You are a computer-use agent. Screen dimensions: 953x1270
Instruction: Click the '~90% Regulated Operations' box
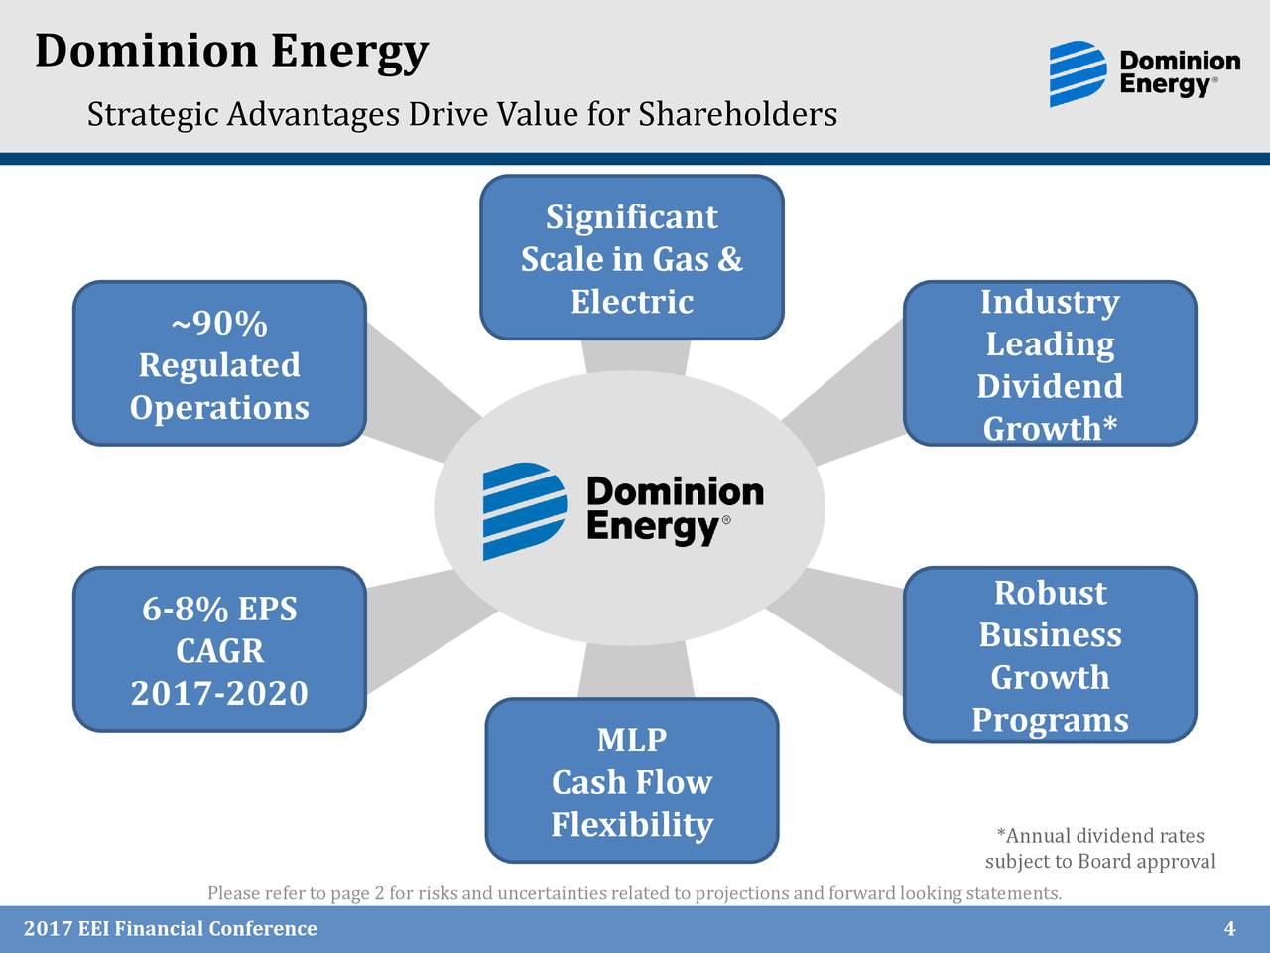point(219,363)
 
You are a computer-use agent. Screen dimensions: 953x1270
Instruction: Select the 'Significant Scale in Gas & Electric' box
point(632,258)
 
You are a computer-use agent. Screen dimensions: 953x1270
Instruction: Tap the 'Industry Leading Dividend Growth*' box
point(1050,363)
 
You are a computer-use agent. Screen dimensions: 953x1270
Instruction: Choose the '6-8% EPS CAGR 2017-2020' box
point(219,649)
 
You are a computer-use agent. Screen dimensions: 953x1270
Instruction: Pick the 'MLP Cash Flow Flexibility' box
point(632,780)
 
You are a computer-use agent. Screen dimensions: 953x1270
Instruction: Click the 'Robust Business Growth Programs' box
point(1050,654)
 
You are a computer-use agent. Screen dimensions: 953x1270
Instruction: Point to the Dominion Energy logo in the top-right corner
point(1144,73)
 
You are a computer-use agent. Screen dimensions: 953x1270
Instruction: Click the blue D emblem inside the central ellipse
point(524,510)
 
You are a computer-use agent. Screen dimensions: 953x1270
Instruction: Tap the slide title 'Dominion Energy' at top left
point(231,52)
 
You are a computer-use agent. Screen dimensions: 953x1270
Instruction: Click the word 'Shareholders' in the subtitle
point(737,115)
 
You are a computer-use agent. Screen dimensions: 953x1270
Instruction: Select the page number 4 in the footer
point(1229,929)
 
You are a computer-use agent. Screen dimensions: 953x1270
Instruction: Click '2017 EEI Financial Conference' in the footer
point(170,929)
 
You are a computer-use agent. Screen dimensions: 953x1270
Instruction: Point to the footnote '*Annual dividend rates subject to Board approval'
point(1099,849)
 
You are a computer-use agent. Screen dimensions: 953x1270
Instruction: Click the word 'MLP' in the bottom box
point(632,740)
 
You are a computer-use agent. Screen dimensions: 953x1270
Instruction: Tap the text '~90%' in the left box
point(219,324)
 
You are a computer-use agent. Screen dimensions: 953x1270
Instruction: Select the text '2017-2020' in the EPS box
point(219,693)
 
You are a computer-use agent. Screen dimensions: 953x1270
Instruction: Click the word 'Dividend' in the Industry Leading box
point(1050,386)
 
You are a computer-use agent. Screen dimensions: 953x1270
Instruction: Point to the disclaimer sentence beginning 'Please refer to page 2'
point(634,893)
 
